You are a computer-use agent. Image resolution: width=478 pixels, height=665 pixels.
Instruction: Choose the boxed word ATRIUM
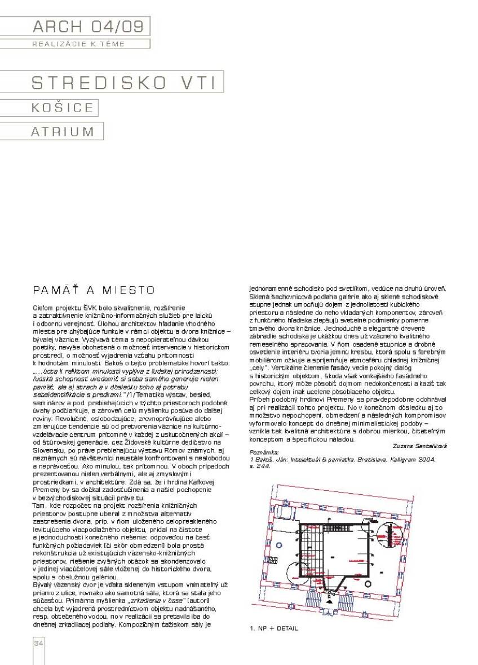(63, 131)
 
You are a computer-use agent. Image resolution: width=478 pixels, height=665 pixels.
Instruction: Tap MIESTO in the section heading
(128, 290)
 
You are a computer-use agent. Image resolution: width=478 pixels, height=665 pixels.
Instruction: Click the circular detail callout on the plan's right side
(387, 532)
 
